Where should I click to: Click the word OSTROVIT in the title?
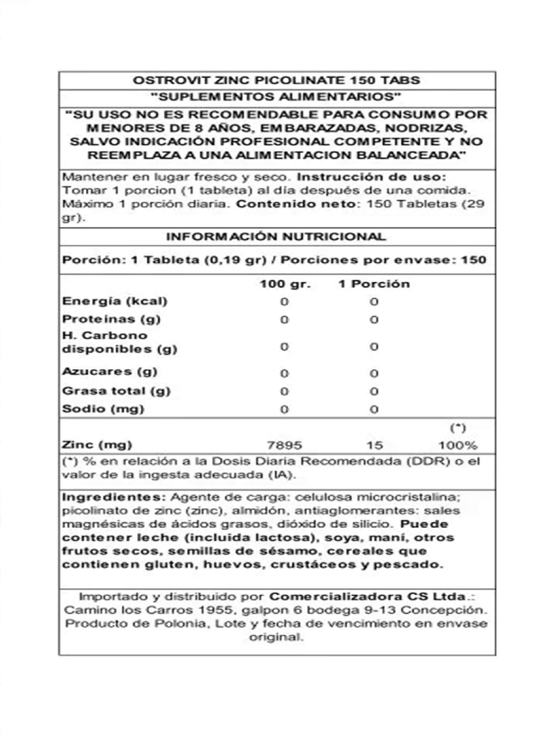[x=171, y=80]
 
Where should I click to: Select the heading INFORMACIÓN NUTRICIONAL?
[x=276, y=237]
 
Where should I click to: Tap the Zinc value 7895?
[x=284, y=445]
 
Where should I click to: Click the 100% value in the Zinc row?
[x=458, y=445]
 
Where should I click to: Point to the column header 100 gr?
[x=285, y=284]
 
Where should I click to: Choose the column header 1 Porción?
[x=374, y=284]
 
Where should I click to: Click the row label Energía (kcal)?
[x=115, y=301]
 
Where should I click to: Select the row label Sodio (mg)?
[x=103, y=409]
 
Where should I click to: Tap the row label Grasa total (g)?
[x=116, y=391]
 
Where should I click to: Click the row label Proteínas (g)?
[x=111, y=319]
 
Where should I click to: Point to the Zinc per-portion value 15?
[x=374, y=445]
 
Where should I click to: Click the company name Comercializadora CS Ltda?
[x=367, y=597]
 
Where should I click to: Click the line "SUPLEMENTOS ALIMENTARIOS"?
[x=276, y=97]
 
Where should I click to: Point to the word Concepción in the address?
[x=444, y=610]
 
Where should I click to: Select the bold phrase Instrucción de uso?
[x=371, y=177]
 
